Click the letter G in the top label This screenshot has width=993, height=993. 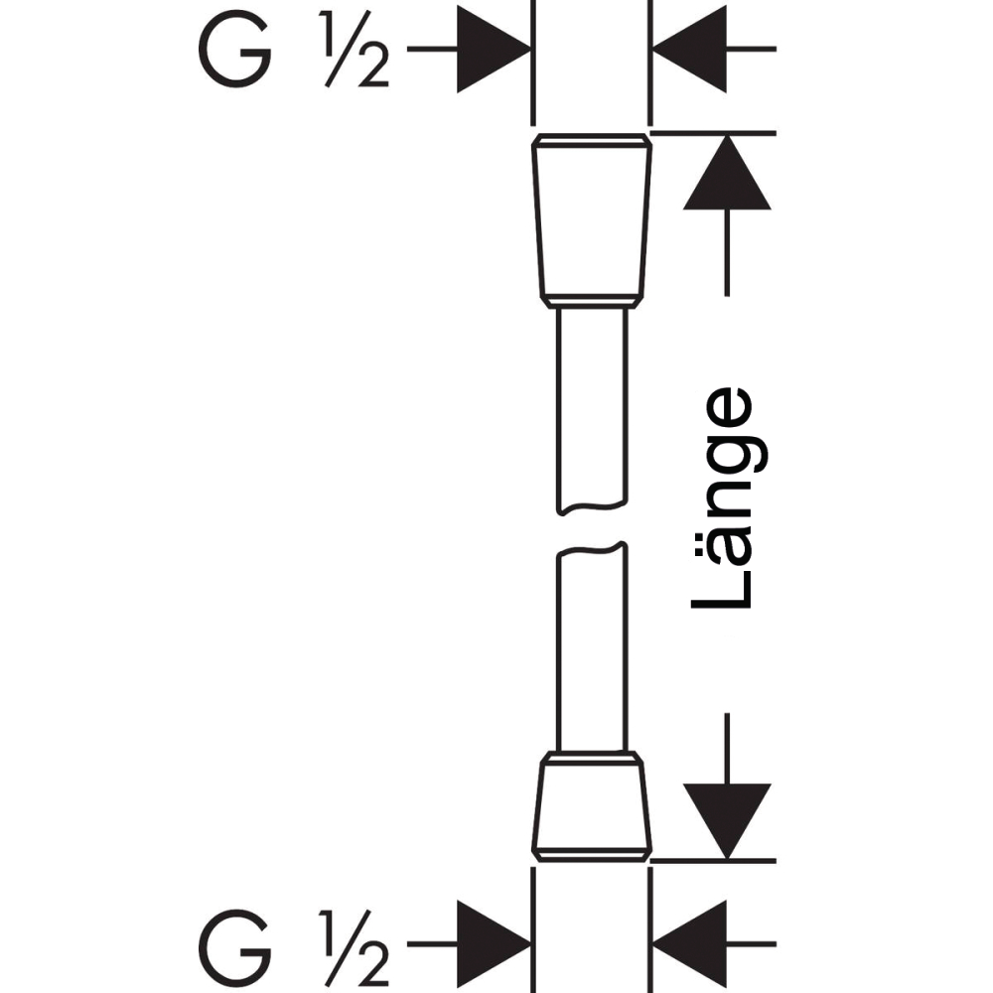pos(234,49)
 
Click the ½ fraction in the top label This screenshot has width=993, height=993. pos(355,49)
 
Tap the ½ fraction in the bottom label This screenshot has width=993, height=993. pos(355,947)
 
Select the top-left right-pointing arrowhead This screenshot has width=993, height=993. pos(494,49)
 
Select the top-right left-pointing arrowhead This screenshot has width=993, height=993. pos(690,49)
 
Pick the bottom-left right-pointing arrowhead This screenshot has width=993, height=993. pos(494,944)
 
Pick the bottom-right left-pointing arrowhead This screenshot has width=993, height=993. pos(690,944)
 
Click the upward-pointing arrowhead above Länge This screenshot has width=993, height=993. pos(727,172)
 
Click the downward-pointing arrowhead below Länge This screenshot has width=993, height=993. pos(727,821)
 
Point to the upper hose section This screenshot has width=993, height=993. pos(592,408)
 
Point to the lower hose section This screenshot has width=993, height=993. pos(592,647)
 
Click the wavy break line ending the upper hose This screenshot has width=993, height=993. pos(592,506)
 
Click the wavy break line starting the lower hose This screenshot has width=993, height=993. pos(592,549)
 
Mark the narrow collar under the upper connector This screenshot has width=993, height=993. pos(592,302)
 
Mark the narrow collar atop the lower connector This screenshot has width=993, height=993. pos(592,758)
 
